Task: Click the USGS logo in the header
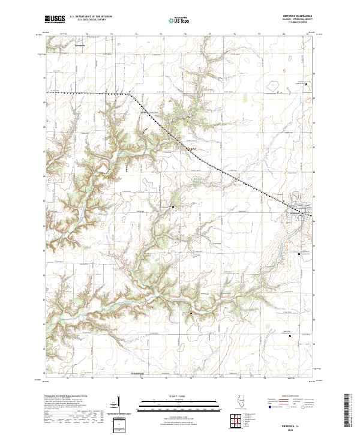pyautogui.click(x=55, y=20)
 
